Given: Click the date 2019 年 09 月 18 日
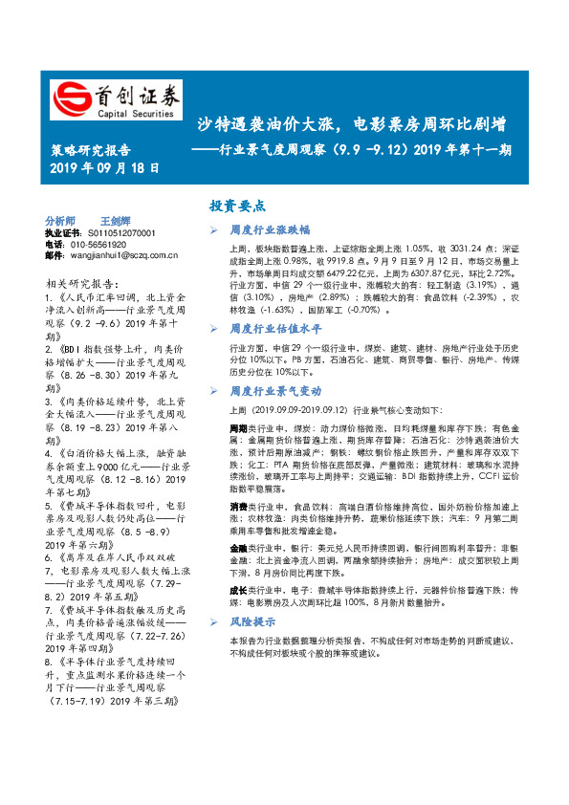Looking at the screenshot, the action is click(104, 167).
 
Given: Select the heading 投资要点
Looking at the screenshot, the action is click(238, 205).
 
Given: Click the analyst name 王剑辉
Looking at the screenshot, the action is click(117, 220).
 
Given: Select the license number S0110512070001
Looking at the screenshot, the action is click(114, 232).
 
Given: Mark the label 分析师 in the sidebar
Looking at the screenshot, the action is click(59, 220).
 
